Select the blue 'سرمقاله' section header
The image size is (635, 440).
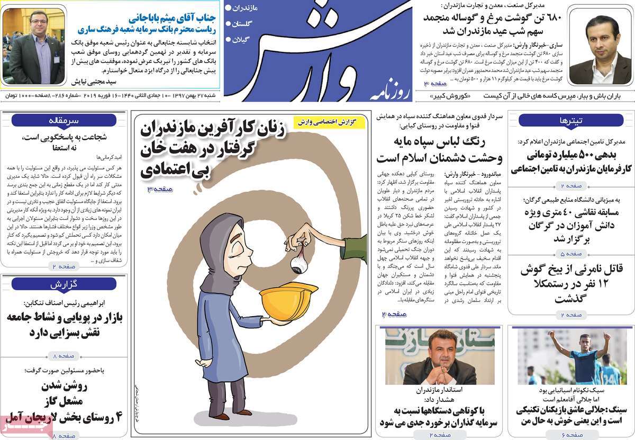click(64, 120)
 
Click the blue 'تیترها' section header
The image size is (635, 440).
click(570, 120)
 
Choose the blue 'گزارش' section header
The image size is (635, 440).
click(64, 284)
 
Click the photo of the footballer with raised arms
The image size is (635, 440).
click(571, 356)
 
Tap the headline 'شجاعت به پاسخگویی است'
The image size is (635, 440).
click(65, 137)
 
